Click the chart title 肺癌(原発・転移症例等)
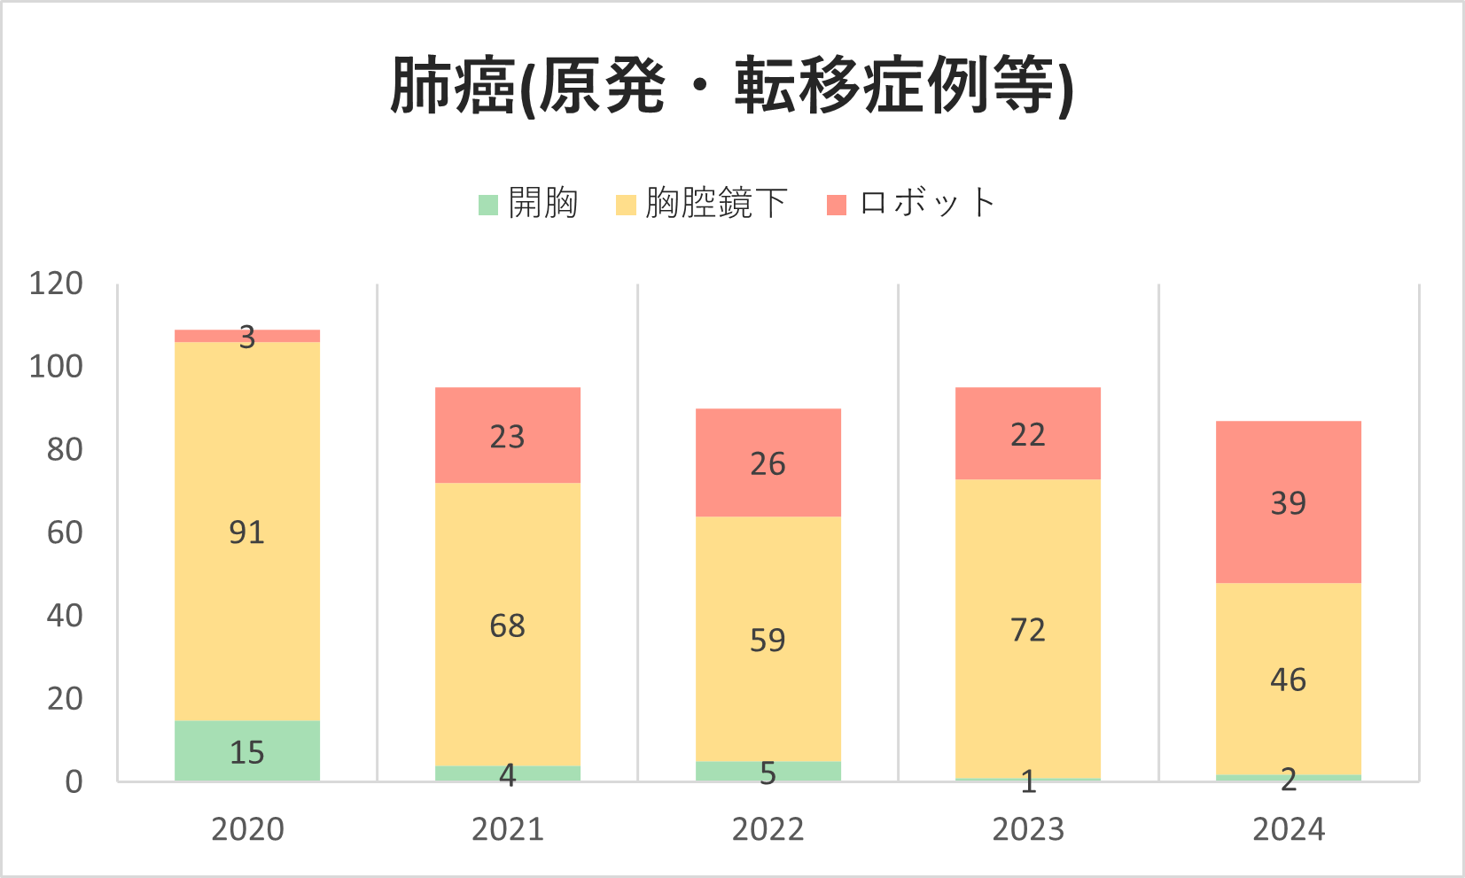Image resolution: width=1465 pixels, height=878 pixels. [732, 86]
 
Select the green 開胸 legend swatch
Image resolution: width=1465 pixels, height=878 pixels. [488, 205]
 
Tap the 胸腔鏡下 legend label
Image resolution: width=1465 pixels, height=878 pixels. [716, 204]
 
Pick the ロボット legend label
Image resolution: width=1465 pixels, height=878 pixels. [927, 203]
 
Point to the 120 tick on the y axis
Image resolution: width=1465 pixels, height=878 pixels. [56, 284]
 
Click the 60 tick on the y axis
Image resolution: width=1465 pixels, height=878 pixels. [65, 532]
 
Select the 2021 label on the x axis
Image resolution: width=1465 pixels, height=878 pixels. [507, 829]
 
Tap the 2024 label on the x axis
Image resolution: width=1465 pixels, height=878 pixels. [1288, 829]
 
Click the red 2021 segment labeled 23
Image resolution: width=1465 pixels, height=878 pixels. [507, 435]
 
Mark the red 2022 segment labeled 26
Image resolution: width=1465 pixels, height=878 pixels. [768, 462]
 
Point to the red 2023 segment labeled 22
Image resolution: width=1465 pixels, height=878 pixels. [1028, 433]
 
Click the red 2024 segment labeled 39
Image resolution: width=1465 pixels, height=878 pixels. [1288, 502]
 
